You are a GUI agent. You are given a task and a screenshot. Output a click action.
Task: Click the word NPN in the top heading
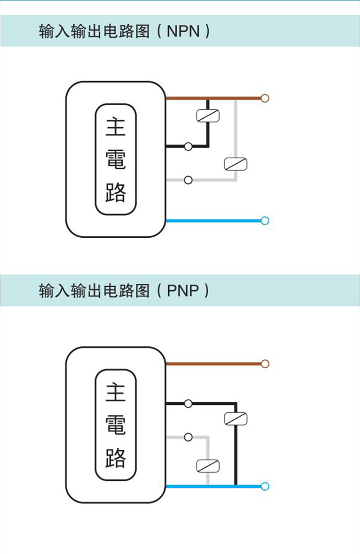183,32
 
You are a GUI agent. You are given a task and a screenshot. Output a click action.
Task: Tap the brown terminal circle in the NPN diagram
265,98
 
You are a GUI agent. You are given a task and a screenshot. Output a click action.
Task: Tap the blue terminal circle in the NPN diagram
265,220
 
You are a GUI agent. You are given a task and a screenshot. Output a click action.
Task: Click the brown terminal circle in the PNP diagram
265,364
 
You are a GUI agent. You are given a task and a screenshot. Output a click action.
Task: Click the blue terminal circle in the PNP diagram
265,486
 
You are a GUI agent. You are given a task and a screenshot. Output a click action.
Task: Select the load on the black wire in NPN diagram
208,115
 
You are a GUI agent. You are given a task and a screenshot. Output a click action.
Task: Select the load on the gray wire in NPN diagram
235,164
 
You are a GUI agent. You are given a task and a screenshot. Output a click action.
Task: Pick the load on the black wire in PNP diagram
235,419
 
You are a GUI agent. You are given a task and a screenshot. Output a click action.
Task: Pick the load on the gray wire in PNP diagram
208,466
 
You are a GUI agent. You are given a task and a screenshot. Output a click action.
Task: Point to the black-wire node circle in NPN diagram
188,146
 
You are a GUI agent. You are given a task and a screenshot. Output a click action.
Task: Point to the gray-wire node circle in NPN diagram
188,180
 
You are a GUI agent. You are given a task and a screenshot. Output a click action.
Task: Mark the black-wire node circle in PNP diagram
188,403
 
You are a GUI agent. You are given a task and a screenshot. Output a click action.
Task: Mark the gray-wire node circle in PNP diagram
188,437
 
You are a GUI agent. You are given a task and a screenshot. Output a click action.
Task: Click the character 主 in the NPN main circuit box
116,127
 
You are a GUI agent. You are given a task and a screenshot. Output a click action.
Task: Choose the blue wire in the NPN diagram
213,220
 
